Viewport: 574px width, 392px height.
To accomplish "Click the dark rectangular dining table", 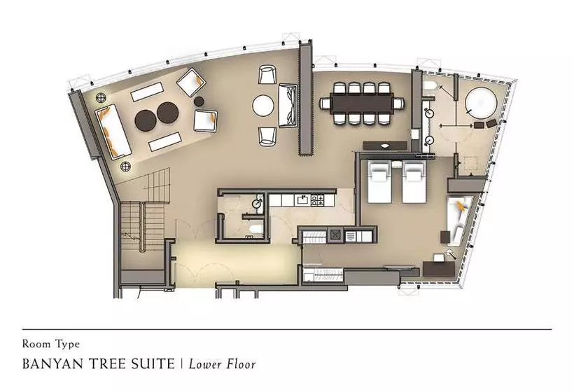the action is [x=362, y=103].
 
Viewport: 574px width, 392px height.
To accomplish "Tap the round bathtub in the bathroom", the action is [x=482, y=102].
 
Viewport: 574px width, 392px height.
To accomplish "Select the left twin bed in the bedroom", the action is [x=381, y=182].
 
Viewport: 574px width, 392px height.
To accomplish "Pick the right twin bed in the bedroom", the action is [x=414, y=182].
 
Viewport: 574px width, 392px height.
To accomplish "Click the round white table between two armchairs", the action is [x=262, y=106].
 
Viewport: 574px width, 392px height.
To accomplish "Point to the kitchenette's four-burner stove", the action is [x=317, y=200].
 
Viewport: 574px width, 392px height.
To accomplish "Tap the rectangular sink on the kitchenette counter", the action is [x=302, y=200].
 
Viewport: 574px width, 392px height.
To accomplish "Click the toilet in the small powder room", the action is [x=256, y=229].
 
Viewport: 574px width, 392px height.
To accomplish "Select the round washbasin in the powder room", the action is [x=258, y=203].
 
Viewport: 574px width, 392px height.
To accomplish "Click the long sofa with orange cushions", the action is [x=113, y=131].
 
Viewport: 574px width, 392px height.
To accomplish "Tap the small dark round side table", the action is [x=199, y=101].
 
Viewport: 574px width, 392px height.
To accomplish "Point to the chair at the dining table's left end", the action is [x=325, y=103].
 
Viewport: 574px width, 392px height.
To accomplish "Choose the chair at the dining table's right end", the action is [x=399, y=104].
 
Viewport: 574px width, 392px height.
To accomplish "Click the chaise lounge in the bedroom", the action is [x=458, y=220].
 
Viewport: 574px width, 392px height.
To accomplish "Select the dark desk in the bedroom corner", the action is [x=439, y=269].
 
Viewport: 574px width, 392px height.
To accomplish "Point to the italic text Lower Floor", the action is [x=222, y=364].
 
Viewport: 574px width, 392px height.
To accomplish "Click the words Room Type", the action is [x=51, y=344].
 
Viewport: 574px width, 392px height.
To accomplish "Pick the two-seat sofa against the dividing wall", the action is [x=288, y=106].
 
